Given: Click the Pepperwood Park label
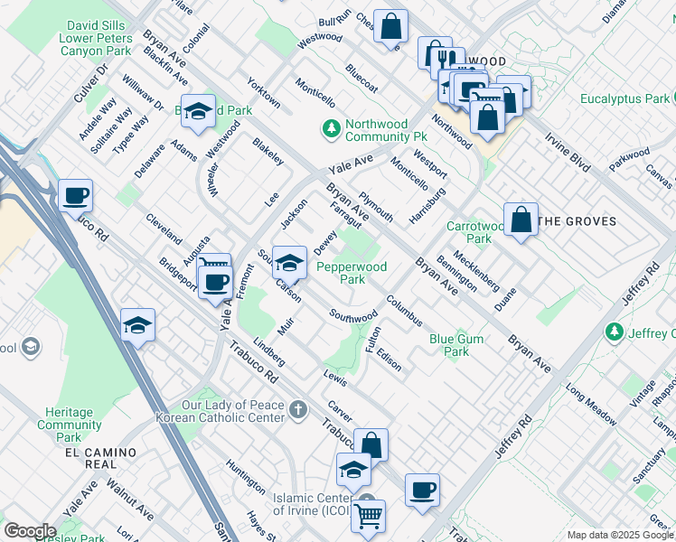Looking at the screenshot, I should (352, 273).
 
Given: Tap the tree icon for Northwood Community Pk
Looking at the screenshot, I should (332, 130).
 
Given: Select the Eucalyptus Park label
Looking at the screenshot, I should (624, 98).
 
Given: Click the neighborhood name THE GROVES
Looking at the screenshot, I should (577, 221).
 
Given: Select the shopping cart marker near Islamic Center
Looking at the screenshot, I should (368, 518).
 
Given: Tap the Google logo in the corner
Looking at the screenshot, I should (30, 531).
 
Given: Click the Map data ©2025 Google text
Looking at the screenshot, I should (620, 535).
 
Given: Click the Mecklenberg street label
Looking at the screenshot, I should (476, 270).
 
